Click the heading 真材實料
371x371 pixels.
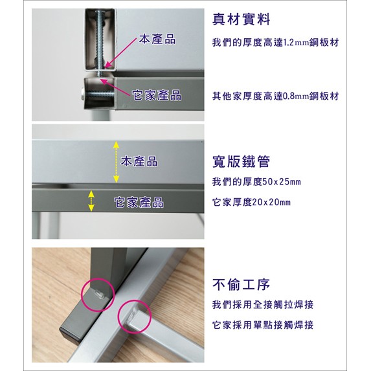click(x=241, y=19)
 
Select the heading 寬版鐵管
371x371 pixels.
click(x=241, y=162)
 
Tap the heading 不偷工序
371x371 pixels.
click(x=241, y=284)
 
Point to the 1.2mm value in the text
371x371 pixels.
click(x=296, y=43)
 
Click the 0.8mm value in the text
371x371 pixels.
click(x=296, y=96)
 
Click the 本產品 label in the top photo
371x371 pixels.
click(x=157, y=39)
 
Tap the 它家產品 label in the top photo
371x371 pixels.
click(x=157, y=95)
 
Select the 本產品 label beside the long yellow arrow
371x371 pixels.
click(x=139, y=161)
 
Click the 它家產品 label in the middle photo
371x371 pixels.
click(x=139, y=203)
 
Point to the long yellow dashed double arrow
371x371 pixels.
click(x=116, y=162)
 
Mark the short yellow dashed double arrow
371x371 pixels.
click(x=91, y=201)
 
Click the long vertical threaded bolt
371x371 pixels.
click(x=100, y=43)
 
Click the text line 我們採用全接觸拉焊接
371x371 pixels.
click(x=263, y=305)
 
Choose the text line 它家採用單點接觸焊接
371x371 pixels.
click(x=263, y=325)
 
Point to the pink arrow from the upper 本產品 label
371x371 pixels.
click(x=120, y=52)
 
